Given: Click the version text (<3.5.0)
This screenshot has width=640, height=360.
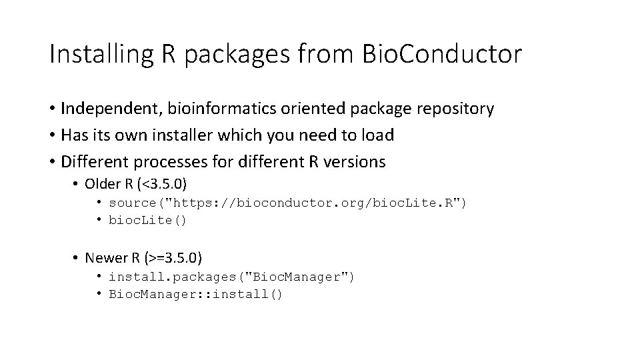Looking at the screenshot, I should pos(164,184).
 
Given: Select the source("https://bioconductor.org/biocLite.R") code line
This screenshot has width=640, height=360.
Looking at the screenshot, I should pos(288,203).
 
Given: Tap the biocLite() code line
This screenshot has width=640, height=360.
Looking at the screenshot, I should pos(148,220).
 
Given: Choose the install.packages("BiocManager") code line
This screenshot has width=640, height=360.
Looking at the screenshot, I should pos(231,277).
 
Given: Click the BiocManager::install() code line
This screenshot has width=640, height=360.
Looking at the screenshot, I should pos(196,294).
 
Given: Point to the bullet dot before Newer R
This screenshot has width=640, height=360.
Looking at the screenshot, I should pos(77,258).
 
